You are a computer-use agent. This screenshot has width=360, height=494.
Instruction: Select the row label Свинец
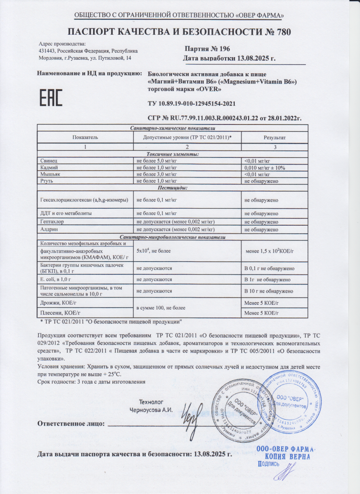[46, 161]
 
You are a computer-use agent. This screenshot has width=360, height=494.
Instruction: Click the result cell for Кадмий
[265, 168]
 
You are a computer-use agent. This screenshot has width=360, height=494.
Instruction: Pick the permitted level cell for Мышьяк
[156, 174]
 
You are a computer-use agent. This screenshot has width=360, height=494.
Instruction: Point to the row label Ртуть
[45, 181]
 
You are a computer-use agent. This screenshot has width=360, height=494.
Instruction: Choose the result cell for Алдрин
[261, 229]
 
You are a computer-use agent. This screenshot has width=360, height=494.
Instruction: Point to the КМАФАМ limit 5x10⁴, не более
[153, 251]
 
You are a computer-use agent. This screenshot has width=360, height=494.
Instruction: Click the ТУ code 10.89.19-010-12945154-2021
[191, 104]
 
